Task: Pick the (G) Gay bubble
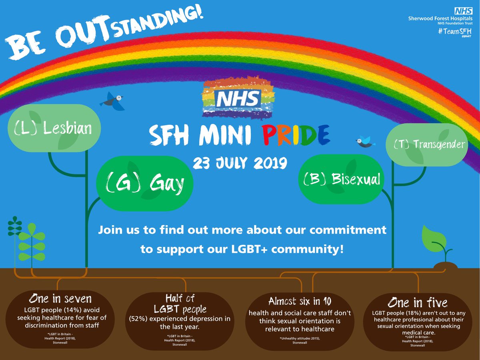coord(145,183)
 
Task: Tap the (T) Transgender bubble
coord(426,144)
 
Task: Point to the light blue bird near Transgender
coord(364,141)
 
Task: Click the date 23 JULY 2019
coord(239,163)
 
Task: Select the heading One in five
coord(418,301)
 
